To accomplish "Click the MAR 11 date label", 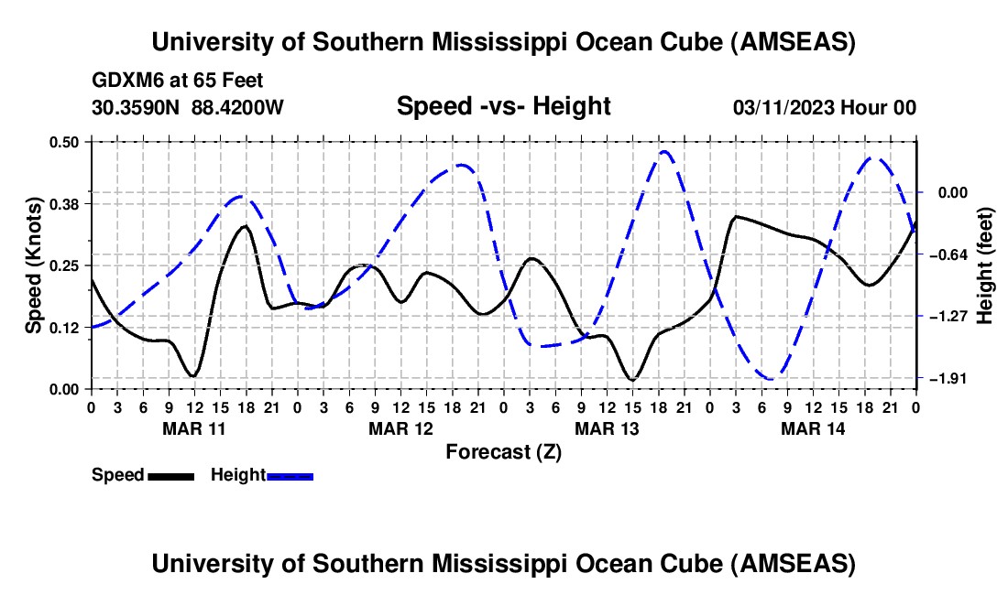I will [194, 428].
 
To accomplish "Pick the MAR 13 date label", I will [607, 428].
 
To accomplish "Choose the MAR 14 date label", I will [813, 428].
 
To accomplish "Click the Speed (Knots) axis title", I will [33, 265].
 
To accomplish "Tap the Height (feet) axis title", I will [985, 265].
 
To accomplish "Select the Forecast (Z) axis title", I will [503, 451].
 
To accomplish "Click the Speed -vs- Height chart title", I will [503, 106].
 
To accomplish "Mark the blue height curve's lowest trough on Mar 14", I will [772, 378].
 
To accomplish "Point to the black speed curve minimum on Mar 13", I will [631, 379].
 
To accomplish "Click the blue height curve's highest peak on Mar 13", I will [664, 152].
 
